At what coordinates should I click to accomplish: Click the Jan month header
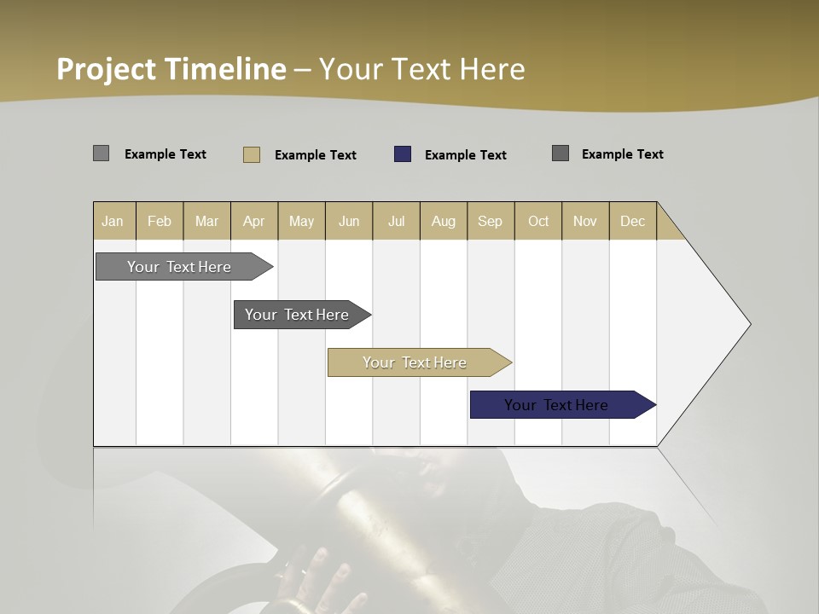point(113,221)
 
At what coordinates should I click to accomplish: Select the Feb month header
point(160,221)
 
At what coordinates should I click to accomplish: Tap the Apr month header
point(254,221)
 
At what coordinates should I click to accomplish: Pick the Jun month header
point(349,221)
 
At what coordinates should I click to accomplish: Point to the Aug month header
point(444,221)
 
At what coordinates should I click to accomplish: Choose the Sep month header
point(491,221)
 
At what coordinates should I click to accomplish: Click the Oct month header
point(538,221)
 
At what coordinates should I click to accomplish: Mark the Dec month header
point(633,221)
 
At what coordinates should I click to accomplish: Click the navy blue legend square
point(403,154)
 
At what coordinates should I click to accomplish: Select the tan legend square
point(252,154)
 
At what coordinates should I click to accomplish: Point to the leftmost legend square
point(102,153)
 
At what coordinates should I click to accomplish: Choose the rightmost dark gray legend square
point(561,153)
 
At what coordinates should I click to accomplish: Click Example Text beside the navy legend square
point(466,155)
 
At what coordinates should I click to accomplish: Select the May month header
point(301,221)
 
